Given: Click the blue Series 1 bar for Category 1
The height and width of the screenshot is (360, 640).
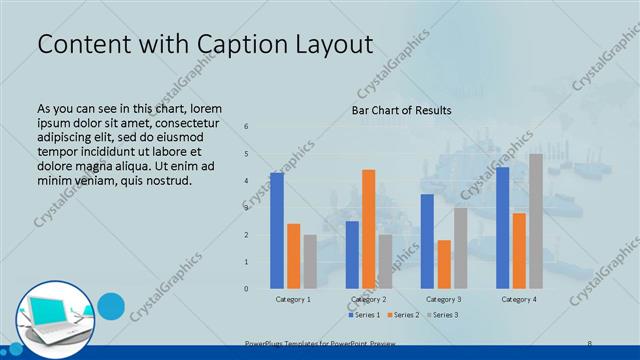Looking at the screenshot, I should [277, 231].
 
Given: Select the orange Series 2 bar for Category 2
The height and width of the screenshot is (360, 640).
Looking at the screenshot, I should [369, 229].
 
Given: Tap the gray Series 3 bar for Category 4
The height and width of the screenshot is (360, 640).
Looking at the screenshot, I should [536, 221].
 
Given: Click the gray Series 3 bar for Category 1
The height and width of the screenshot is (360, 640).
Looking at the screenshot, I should [310, 262].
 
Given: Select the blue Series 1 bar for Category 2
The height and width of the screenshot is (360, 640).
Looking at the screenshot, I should [352, 255].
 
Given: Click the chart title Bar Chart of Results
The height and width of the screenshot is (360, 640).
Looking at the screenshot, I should [401, 110].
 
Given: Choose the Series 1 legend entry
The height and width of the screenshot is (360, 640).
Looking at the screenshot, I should [365, 315].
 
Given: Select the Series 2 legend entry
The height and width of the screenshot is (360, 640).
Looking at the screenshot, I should [402, 315].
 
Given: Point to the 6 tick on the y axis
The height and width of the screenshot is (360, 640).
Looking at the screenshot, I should [247, 126].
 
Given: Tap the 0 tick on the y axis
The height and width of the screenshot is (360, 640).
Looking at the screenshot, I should [247, 289].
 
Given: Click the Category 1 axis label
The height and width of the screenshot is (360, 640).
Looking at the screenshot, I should [293, 299].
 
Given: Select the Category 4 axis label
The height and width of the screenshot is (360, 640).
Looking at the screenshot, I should [519, 299].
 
